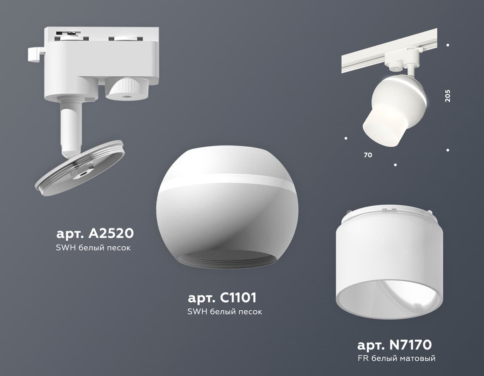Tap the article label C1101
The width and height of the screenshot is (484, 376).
point(222,298)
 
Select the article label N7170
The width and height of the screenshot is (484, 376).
point(394,345)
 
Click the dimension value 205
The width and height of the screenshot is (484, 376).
point(448,95)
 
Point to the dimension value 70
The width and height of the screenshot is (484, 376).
point(368,155)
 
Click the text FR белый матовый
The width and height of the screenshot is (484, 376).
point(396,358)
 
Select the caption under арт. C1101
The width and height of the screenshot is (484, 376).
point(225,312)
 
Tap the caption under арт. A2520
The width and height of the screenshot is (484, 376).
point(93,247)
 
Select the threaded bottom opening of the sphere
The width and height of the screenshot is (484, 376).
point(226,261)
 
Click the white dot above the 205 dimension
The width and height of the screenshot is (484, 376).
point(448,46)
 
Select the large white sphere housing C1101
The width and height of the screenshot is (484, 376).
point(226,210)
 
